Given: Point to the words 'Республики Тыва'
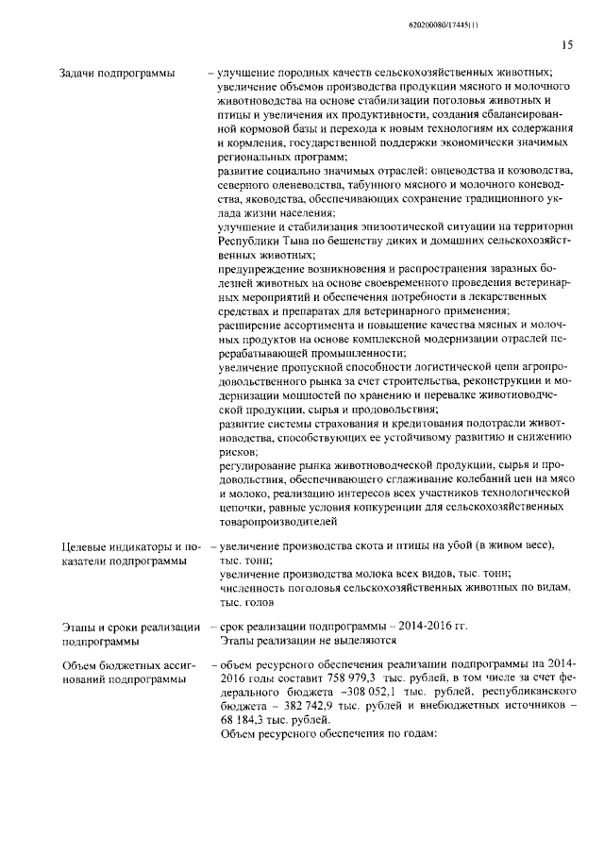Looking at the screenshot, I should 260,242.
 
